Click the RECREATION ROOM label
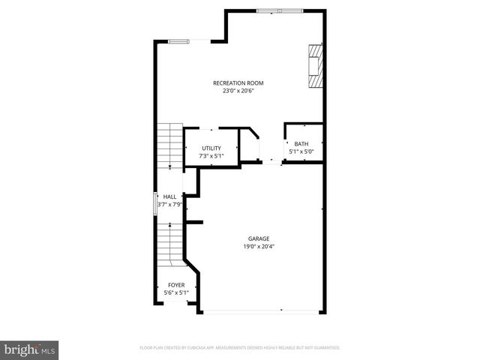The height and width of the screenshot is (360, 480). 238,83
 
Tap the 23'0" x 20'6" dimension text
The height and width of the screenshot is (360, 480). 238,91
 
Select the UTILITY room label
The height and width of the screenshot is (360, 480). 211,148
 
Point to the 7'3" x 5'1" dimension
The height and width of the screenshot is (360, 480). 211,156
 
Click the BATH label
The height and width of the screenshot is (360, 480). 301,144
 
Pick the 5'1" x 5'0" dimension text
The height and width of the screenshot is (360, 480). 301,151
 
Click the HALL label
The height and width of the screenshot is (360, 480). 169,196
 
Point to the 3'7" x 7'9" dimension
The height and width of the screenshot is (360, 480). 169,204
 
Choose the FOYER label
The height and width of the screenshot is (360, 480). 176,285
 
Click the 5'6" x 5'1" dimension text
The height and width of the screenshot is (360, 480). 176,292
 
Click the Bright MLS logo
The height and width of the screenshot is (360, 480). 29,349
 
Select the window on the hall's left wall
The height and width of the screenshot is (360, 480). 155,203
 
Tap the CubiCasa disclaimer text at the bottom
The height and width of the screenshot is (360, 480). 240,348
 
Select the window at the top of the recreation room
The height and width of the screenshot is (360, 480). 279,10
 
